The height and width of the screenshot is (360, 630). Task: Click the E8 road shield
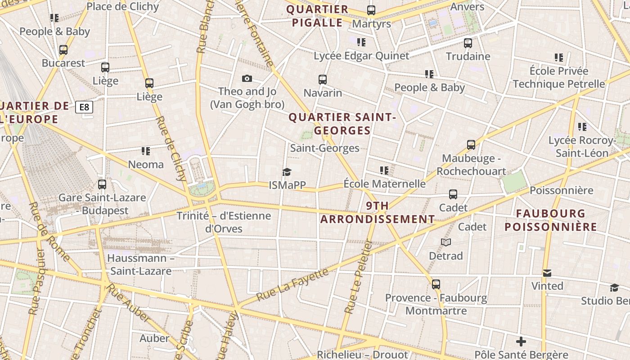tap(84, 107)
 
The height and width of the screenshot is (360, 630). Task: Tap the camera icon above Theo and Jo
tap(247, 79)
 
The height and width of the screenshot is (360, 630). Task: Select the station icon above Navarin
tap(322, 80)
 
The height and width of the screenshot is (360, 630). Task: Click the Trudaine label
tap(468, 56)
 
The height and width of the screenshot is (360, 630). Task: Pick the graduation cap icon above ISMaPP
tap(287, 172)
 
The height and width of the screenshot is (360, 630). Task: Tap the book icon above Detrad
tap(445, 243)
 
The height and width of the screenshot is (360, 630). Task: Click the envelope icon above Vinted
tap(547, 273)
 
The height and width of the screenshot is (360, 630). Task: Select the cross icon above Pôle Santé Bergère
tap(521, 342)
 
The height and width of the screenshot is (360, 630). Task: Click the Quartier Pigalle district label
tap(318, 16)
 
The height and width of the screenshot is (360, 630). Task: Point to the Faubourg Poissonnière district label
tap(551, 220)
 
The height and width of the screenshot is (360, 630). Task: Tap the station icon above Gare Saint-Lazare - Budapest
tap(102, 184)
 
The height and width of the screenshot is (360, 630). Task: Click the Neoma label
tap(146, 164)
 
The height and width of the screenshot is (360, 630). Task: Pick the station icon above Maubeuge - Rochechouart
tap(471, 145)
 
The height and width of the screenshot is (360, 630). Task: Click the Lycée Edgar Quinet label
tap(361, 56)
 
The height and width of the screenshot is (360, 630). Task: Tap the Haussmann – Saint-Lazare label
tap(141, 265)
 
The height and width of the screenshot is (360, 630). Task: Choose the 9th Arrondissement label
tap(377, 212)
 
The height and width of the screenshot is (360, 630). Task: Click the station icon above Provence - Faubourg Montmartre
tap(436, 284)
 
